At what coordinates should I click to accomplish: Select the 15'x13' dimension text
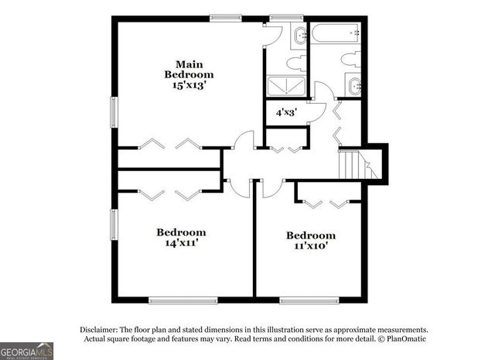tap(188, 85)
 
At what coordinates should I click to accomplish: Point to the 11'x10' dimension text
tap(311, 247)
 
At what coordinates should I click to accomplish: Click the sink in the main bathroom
tap(299, 35)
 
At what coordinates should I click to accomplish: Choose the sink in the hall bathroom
tap(353, 86)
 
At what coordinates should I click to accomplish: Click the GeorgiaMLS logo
tap(27, 350)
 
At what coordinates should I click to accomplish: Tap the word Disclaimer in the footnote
tap(99, 328)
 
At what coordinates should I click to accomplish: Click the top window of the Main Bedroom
tap(225, 18)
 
